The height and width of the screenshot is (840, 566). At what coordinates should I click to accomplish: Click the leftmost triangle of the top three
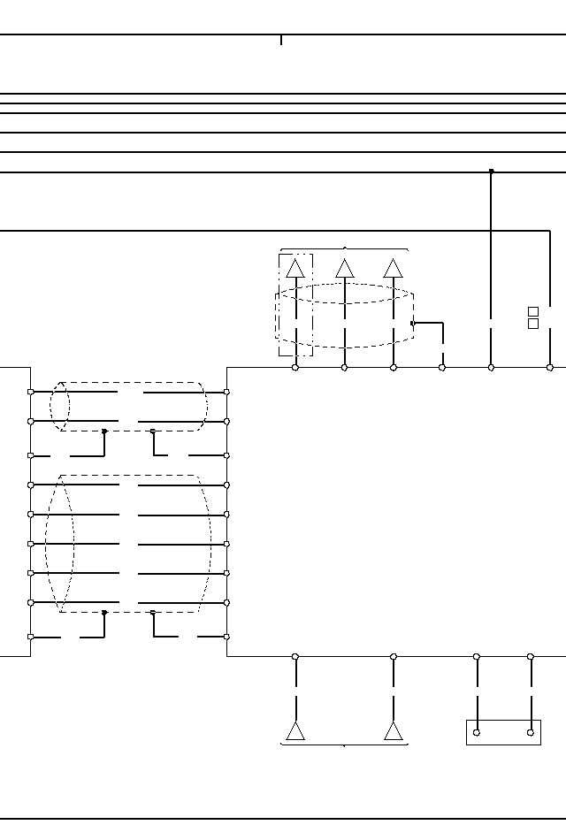click(296, 269)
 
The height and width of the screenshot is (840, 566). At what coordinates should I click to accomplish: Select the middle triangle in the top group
click(345, 269)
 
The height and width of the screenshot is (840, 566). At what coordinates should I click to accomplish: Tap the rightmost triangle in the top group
click(394, 269)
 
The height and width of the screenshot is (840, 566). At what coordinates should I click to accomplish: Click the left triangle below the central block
click(295, 731)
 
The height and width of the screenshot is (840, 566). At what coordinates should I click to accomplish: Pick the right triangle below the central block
click(394, 731)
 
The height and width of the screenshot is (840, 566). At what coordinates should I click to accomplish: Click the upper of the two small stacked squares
click(533, 311)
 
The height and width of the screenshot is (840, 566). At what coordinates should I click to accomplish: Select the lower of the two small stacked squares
click(533, 324)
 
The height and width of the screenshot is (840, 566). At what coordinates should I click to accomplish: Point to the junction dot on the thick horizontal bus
click(492, 172)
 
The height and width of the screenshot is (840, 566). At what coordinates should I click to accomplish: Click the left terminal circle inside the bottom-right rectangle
click(477, 732)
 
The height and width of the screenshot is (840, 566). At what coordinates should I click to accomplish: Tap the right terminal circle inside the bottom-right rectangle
click(531, 732)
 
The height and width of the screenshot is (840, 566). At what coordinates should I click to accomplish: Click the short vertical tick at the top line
click(281, 40)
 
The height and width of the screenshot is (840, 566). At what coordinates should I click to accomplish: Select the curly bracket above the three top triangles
click(344, 249)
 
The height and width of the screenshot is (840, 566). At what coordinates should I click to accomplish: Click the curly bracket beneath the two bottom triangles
click(344, 745)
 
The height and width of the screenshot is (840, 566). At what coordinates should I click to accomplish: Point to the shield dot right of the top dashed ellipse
click(412, 324)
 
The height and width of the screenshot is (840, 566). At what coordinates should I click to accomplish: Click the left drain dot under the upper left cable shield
click(104, 431)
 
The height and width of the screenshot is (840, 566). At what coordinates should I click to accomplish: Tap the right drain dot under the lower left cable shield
click(153, 612)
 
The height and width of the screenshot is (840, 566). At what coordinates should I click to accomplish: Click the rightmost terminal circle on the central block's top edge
click(550, 367)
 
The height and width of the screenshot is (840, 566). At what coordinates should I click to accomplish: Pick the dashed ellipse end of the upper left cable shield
click(59, 407)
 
